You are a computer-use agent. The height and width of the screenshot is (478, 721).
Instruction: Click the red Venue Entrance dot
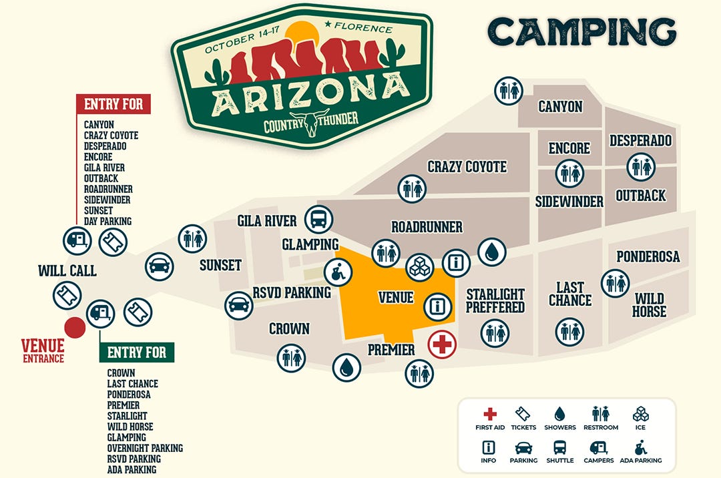pos(74,328)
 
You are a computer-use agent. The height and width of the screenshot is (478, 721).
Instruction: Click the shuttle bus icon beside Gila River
pos(318,219)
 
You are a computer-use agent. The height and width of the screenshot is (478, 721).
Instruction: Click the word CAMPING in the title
pos(581,31)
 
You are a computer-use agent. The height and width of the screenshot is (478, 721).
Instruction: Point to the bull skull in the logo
pos(310,122)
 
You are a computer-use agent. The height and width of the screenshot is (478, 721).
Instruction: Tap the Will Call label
pos(67,271)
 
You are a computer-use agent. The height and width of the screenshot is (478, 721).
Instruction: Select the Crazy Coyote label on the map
pos(467,167)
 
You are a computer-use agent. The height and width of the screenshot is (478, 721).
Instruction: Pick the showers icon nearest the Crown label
pos(346,367)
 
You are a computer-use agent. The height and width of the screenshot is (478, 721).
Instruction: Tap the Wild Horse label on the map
pos(650,305)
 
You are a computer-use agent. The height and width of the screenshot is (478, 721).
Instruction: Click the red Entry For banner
pos(113,104)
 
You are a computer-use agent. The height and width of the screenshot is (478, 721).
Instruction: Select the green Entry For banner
pos(137,352)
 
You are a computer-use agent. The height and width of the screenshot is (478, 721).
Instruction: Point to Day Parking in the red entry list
pos(107,221)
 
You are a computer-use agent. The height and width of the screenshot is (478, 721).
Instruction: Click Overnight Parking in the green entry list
pos(145,448)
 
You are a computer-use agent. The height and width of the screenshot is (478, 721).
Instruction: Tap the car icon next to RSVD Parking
pos(239,306)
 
